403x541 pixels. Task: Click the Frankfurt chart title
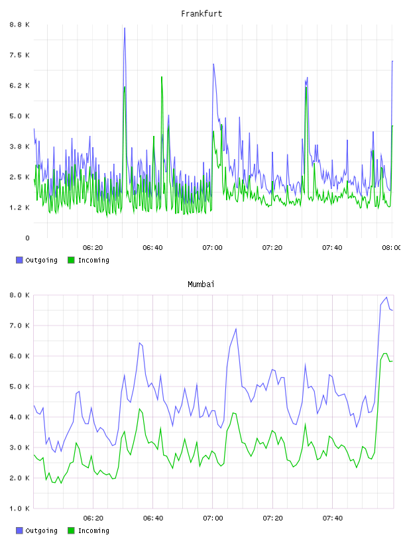[x=201, y=14]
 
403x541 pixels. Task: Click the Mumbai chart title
[x=201, y=284]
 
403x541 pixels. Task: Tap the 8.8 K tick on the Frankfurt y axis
[x=20, y=25]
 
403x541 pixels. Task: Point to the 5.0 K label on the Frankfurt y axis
[x=20, y=116]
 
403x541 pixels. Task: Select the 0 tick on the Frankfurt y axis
[x=27, y=238]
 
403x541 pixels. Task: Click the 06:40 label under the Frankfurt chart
[x=152, y=248]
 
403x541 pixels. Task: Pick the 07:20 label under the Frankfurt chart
[x=272, y=248]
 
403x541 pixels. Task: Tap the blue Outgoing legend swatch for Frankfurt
[x=19, y=260]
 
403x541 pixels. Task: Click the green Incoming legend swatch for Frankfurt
[x=71, y=260]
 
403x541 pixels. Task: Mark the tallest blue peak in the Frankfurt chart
[x=125, y=28]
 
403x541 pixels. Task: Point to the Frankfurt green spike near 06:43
[x=162, y=77]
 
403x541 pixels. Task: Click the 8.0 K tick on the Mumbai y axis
[x=20, y=295]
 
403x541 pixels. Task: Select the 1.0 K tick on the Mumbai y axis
[x=20, y=509]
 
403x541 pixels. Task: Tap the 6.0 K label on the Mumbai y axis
[x=20, y=356]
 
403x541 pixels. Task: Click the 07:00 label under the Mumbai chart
[x=213, y=518]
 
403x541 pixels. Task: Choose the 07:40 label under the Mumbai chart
[x=333, y=518]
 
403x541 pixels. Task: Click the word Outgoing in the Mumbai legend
[x=41, y=530]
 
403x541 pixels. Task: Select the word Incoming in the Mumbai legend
[x=93, y=530]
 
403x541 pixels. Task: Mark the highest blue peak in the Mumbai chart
[x=386, y=297]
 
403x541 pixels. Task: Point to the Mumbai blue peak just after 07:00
[x=236, y=328]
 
